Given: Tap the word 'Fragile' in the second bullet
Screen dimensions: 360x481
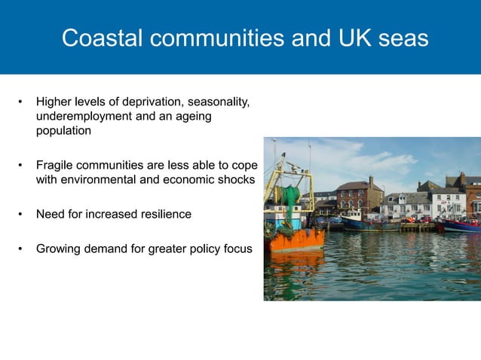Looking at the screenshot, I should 56,165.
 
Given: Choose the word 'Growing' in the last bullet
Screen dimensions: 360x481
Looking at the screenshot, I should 60,248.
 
